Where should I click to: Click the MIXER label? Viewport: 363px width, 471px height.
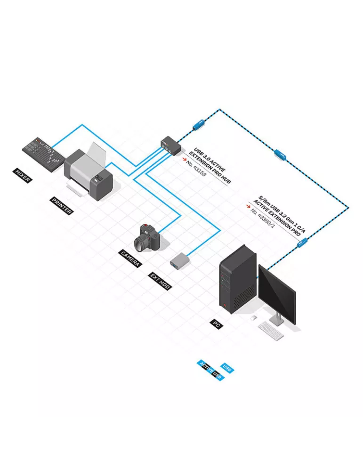22,176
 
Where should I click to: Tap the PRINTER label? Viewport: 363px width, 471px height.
62,206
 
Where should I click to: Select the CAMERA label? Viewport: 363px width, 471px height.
130,258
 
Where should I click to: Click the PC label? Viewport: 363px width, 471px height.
217,324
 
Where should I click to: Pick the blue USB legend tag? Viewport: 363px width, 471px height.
227,368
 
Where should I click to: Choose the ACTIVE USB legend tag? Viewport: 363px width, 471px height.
210,370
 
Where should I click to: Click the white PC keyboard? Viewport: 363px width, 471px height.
271,331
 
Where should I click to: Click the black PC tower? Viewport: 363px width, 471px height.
238,279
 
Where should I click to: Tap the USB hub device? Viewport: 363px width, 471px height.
171,145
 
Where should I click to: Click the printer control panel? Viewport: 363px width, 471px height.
99,178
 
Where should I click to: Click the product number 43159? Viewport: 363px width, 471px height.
196,168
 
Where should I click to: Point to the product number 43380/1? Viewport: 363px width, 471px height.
262,217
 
